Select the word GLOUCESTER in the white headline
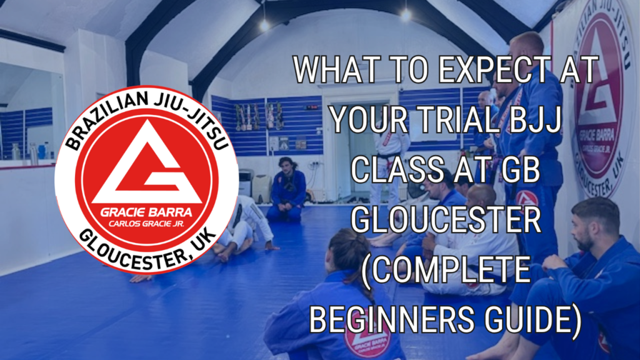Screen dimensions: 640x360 coord(446,219)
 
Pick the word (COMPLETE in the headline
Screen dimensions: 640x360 coord(446,271)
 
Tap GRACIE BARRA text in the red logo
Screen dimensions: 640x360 coord(146,212)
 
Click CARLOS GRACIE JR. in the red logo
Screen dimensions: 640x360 coord(146,224)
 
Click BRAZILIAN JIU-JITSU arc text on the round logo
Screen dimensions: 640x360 coord(146,114)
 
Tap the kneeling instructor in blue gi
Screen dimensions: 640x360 coord(288,190)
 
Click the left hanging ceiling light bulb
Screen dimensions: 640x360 coord(264,25)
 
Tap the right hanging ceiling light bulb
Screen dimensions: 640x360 coord(406,15)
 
